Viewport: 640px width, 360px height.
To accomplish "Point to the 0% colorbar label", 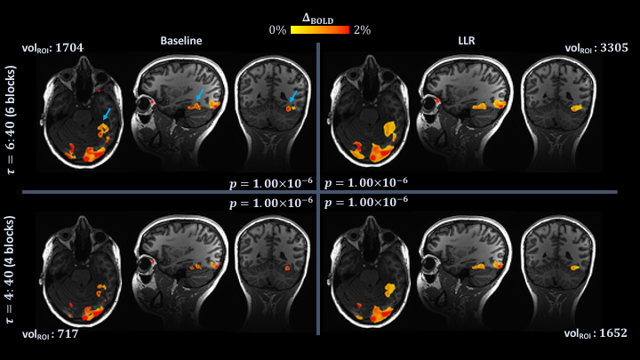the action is click(277, 29).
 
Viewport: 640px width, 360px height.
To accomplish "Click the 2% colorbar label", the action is click(361, 29).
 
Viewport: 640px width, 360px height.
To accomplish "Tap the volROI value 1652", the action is click(607, 334).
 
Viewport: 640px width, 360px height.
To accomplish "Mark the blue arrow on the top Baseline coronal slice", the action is click(292, 96).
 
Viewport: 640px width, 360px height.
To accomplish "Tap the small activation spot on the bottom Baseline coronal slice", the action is click(287, 267).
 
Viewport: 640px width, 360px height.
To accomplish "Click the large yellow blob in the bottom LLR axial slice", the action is click(388, 289).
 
